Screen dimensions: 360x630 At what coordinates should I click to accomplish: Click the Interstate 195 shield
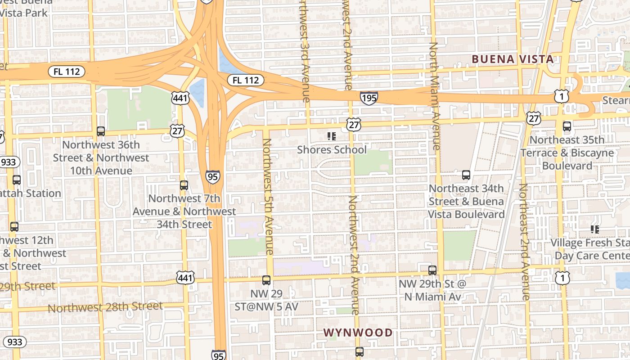tap(369, 98)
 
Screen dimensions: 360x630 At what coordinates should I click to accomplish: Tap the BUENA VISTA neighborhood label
tap(513, 59)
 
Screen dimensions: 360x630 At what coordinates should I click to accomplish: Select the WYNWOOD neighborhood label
tap(358, 333)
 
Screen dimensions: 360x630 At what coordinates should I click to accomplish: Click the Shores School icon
tap(332, 136)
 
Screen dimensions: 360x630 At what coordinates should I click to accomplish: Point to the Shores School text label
tap(332, 149)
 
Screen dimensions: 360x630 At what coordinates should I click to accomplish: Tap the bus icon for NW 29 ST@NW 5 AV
tap(266, 280)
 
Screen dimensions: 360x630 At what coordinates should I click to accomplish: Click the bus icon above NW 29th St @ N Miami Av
tap(432, 270)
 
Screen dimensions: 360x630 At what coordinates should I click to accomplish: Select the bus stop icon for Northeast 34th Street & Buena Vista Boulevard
tap(466, 175)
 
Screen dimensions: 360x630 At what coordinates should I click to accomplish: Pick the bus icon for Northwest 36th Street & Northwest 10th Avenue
tap(101, 131)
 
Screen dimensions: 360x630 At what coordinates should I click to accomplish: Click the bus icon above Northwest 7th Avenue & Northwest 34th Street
tap(184, 185)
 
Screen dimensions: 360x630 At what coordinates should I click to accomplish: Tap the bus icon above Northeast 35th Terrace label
tap(567, 126)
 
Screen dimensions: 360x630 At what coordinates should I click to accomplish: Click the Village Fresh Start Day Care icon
tap(595, 229)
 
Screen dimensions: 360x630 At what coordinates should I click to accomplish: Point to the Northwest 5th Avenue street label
tap(268, 197)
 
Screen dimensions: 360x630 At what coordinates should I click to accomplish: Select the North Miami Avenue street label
tap(434, 96)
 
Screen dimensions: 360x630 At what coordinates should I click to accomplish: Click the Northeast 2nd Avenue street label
tap(523, 242)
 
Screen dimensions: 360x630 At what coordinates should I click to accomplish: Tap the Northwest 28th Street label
tap(105, 307)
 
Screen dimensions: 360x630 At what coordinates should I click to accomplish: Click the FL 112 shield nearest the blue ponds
tap(246, 80)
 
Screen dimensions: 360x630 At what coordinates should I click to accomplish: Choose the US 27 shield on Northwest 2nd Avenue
tap(354, 125)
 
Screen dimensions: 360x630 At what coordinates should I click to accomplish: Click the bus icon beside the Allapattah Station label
tap(17, 180)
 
